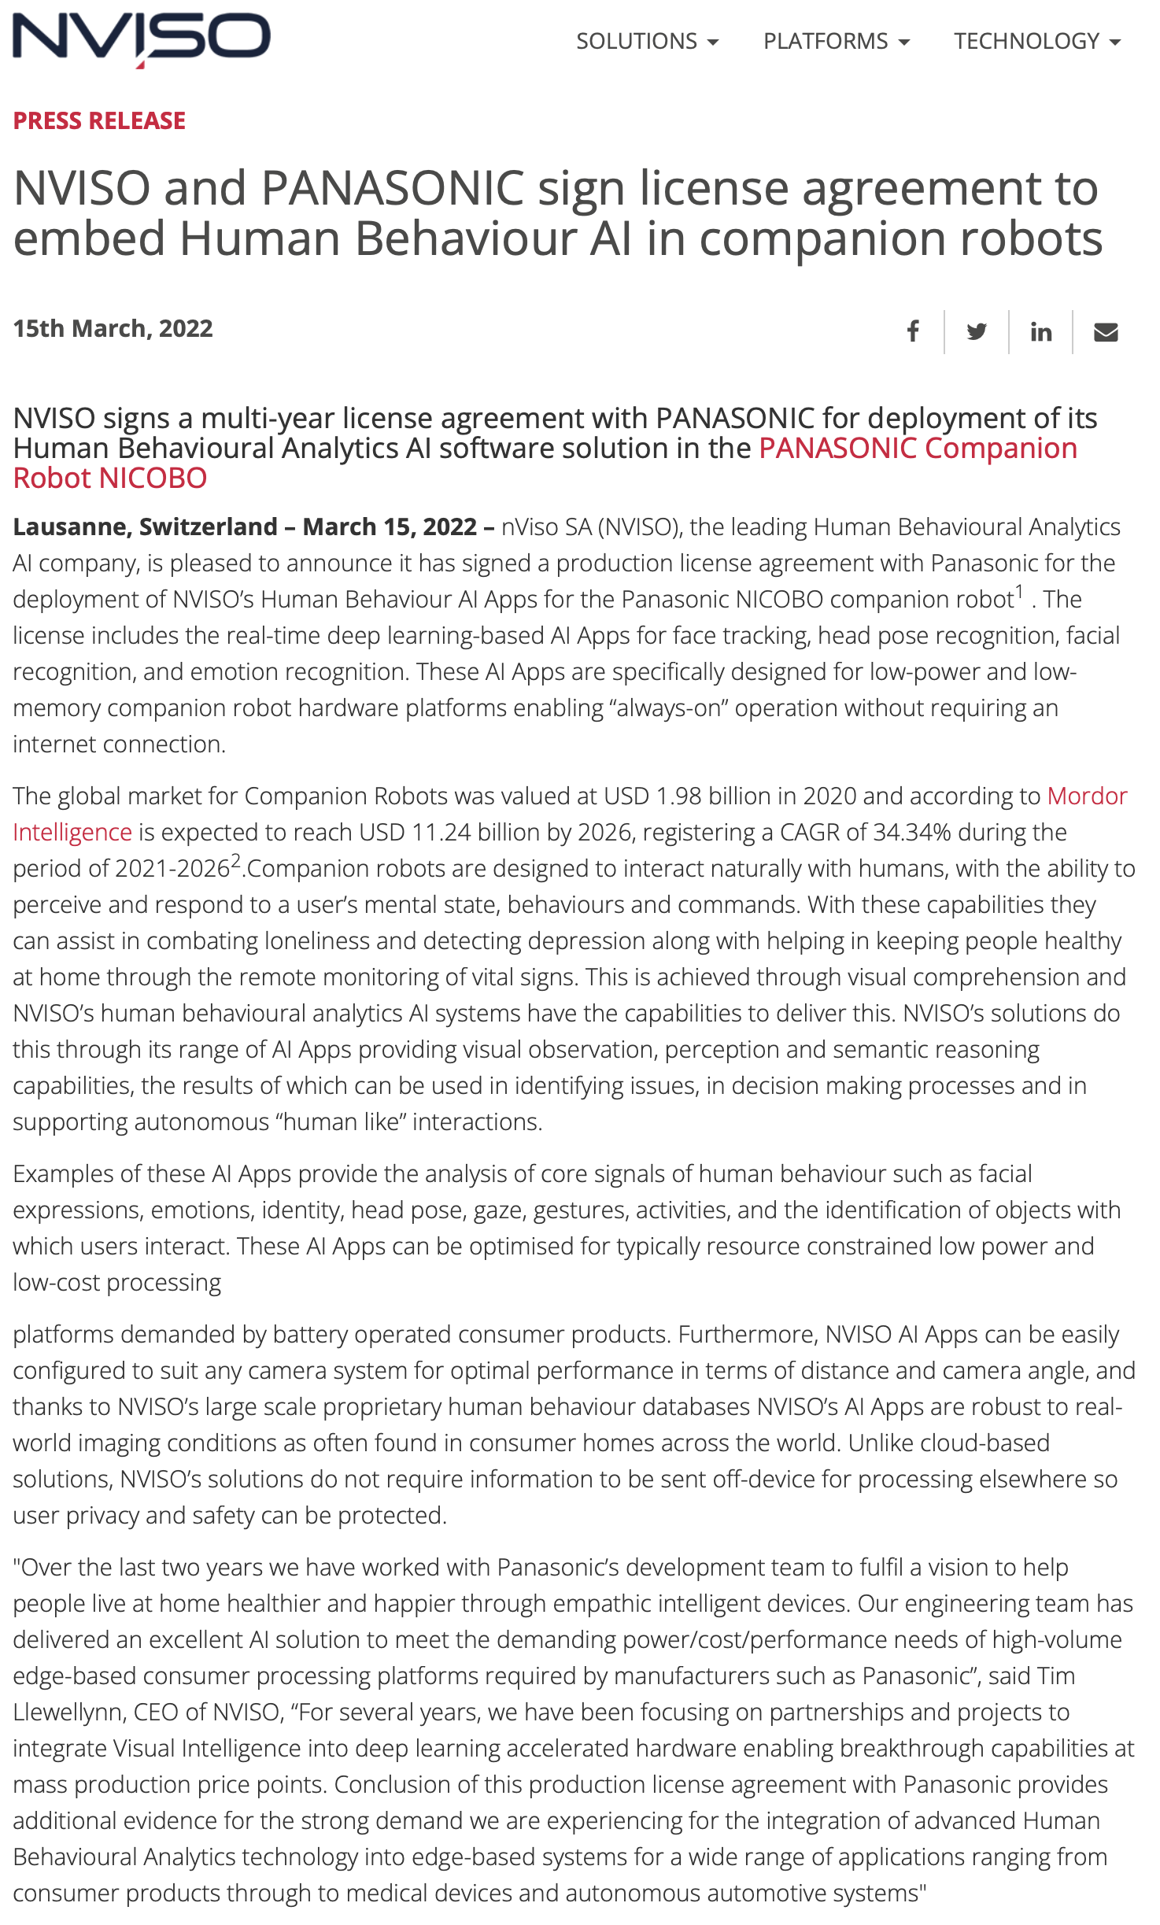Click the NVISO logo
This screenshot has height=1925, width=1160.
[142, 39]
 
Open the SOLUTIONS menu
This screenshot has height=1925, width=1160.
[646, 41]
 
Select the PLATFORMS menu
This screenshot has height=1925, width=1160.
[836, 41]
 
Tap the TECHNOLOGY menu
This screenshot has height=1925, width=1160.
[1036, 41]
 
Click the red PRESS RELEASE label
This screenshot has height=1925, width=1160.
[99, 120]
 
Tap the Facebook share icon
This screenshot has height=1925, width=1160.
[913, 332]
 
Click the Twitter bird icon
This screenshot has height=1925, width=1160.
[977, 332]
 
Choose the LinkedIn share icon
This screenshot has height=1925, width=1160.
[1041, 332]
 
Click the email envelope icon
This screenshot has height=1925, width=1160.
[1106, 332]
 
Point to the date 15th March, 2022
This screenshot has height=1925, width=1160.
[113, 328]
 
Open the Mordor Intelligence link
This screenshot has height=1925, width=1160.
[1087, 796]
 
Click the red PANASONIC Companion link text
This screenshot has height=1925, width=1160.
[918, 448]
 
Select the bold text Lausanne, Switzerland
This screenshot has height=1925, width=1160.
[146, 527]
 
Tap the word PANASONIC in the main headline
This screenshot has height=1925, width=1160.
[393, 188]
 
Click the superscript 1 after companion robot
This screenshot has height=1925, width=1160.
[1019, 591]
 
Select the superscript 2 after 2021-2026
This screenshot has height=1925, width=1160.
[235, 860]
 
